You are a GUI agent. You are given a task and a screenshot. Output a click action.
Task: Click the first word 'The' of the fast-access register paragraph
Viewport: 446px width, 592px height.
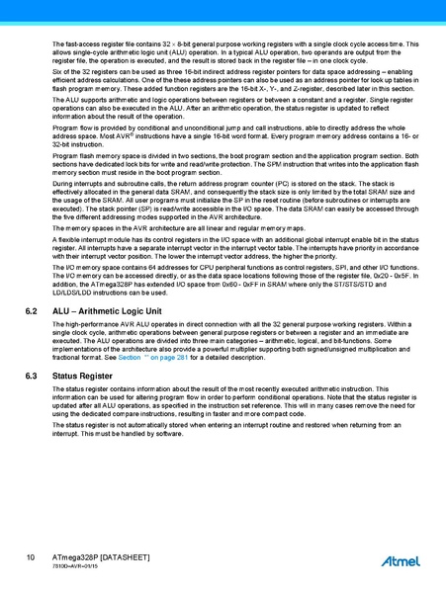pos(57,44)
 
